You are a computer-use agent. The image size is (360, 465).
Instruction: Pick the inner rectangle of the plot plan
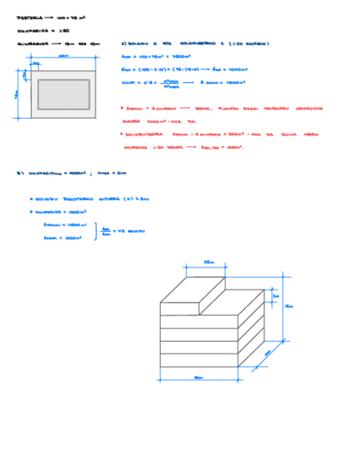coord(64,94)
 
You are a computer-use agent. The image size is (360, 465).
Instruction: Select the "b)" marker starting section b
coord(20,173)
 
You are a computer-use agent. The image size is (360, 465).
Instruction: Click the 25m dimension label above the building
coord(209,263)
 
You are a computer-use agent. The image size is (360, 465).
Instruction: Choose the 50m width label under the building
coord(198,377)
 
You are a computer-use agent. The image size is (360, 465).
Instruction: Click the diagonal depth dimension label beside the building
coord(268,354)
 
